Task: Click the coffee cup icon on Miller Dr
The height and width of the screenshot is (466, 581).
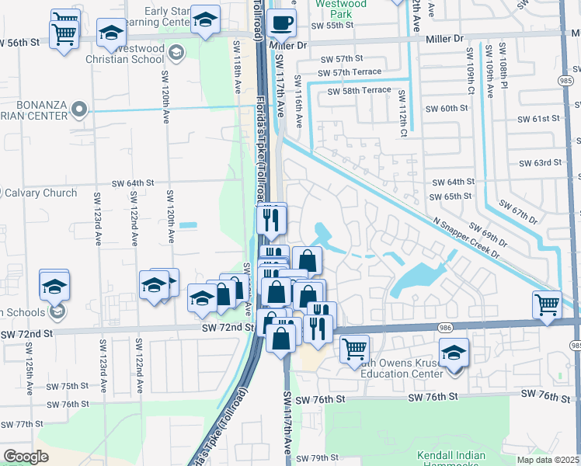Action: point(282,23)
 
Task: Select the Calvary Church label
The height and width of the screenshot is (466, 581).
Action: point(39,193)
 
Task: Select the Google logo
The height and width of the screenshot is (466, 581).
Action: point(26,457)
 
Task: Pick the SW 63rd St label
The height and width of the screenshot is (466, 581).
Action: point(541,162)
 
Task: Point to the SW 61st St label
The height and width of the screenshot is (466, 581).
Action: point(540,118)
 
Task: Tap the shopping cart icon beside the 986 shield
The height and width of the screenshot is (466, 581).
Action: point(548,304)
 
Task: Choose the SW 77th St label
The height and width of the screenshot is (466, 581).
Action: point(22,424)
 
